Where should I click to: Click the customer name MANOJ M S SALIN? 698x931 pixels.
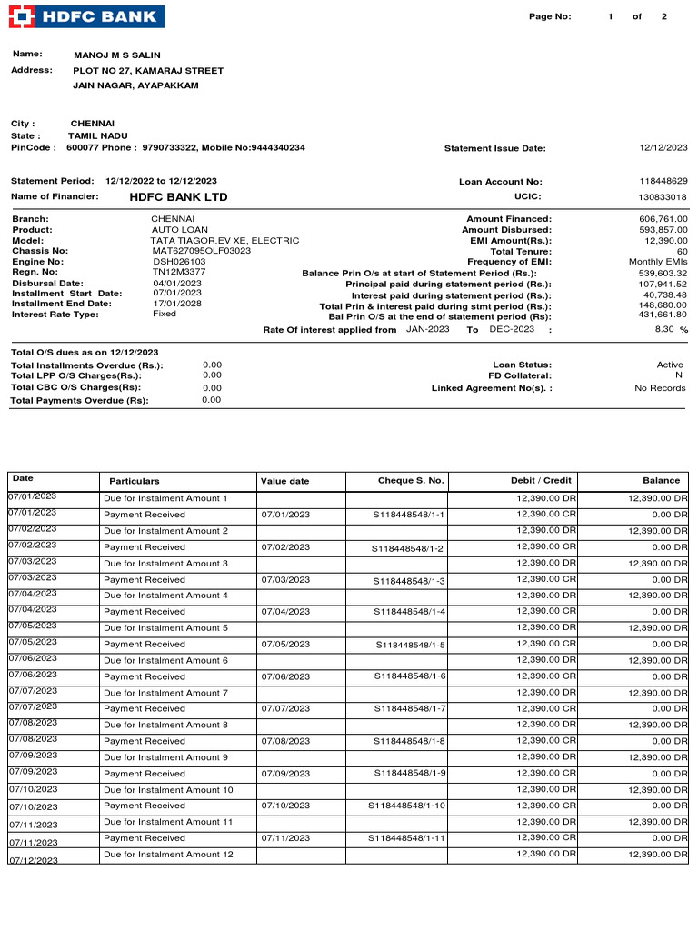point(116,55)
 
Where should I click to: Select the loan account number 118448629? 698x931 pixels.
point(663,182)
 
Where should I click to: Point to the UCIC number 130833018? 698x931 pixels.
point(663,197)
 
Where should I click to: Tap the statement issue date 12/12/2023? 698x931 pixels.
point(663,147)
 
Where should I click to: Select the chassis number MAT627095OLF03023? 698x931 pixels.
point(201,250)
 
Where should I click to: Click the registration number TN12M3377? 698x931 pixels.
point(179,272)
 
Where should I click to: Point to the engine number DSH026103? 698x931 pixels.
point(179,261)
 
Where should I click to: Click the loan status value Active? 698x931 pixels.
point(670,365)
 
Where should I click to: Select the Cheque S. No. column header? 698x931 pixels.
point(411,480)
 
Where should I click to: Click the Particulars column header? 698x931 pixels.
point(135,481)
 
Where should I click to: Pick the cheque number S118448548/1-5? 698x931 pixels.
point(411,645)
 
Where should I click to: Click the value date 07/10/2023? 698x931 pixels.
point(285,806)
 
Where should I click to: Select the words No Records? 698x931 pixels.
point(660,388)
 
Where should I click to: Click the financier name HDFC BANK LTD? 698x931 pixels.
point(178,197)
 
